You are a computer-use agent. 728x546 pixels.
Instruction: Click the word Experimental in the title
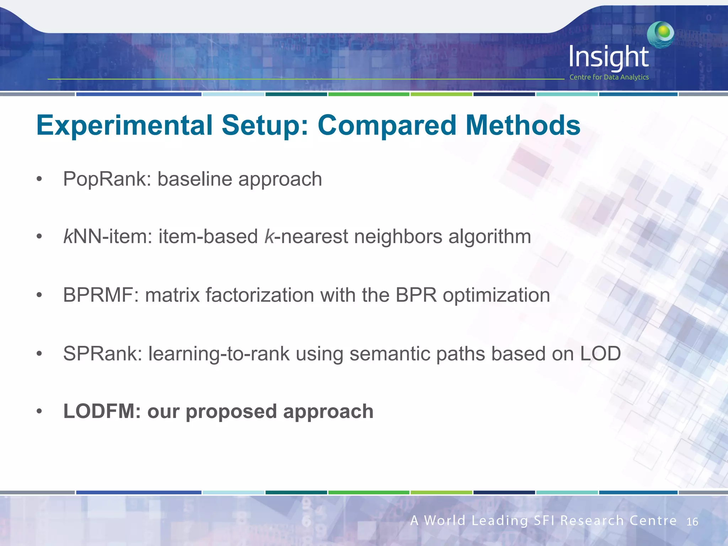pyautogui.click(x=124, y=125)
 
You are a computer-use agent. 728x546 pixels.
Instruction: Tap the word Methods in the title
pyautogui.click(x=523, y=125)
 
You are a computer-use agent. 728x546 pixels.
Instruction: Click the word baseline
pyautogui.click(x=194, y=179)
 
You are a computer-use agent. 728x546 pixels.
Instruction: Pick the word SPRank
pyautogui.click(x=103, y=354)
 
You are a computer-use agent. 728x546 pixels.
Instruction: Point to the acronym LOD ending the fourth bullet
pyautogui.click(x=600, y=354)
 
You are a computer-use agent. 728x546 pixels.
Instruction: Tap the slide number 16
pyautogui.click(x=692, y=522)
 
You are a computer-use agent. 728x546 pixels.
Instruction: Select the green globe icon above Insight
pyautogui.click(x=660, y=34)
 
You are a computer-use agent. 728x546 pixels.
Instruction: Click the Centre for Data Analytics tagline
pyautogui.click(x=609, y=77)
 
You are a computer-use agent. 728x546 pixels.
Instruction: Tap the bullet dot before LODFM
pyautogui.click(x=39, y=412)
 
